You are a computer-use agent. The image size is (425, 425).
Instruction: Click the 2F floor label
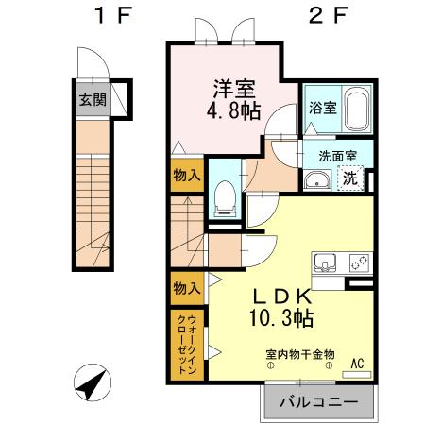(x=319, y=16)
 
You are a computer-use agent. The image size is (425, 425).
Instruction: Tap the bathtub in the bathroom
(x=356, y=111)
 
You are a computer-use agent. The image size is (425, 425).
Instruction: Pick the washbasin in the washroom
(x=317, y=179)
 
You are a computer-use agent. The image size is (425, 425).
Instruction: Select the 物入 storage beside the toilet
(x=187, y=175)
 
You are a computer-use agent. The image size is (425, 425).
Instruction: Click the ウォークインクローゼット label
(x=187, y=345)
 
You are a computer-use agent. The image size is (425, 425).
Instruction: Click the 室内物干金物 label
(x=300, y=356)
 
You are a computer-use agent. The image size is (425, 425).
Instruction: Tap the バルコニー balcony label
(x=318, y=401)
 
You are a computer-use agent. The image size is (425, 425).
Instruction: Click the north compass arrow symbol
(x=90, y=384)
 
